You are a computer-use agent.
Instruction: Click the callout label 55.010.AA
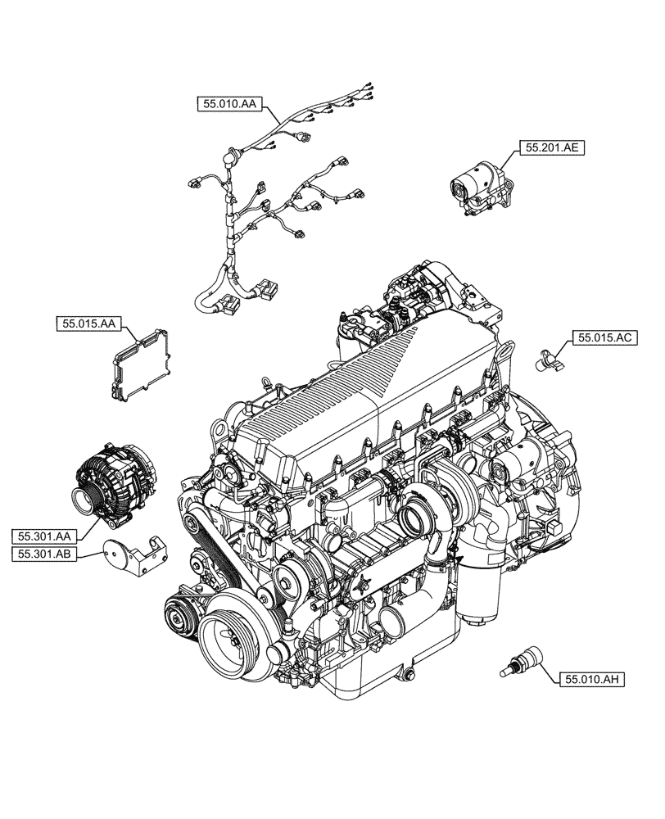tap(228, 103)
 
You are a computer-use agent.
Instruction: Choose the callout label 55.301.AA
tap(44, 536)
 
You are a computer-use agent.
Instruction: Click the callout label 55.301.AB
tap(44, 554)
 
